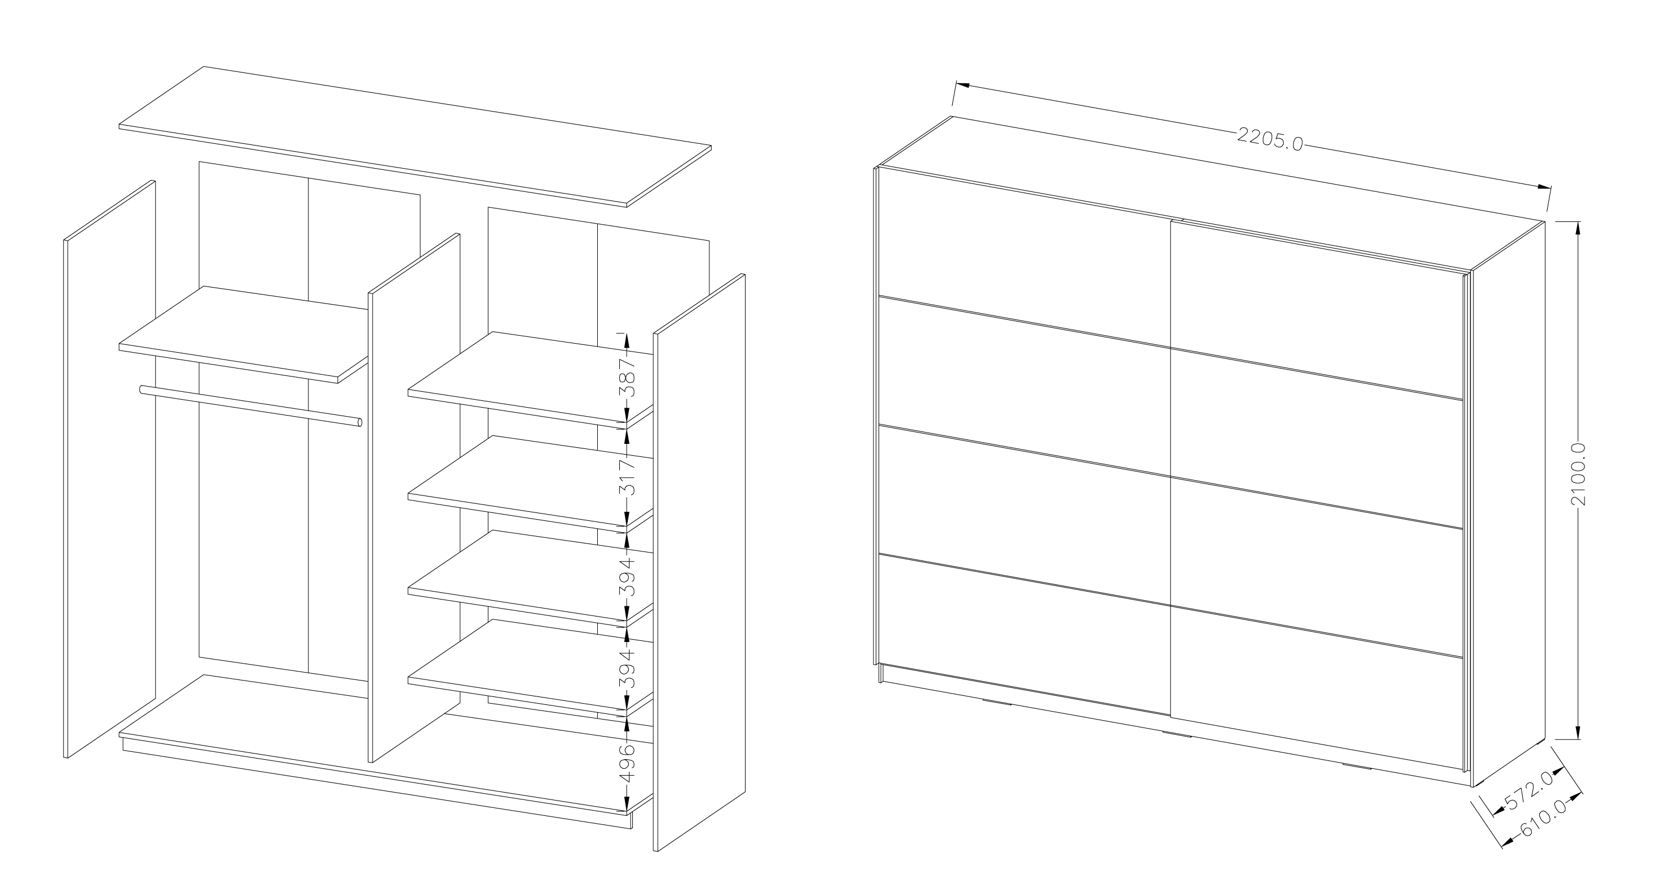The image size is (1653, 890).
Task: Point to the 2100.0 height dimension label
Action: pyautogui.click(x=1579, y=474)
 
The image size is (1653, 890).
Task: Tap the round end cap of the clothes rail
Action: pyautogui.click(x=359, y=423)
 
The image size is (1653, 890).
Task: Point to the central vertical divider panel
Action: pyautogui.click(x=414, y=498)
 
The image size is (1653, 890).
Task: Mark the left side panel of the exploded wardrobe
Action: pyautogui.click(x=110, y=469)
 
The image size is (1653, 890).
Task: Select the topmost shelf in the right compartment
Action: pyautogui.click(x=530, y=379)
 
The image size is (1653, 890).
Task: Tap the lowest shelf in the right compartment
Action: pyautogui.click(x=530, y=667)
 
